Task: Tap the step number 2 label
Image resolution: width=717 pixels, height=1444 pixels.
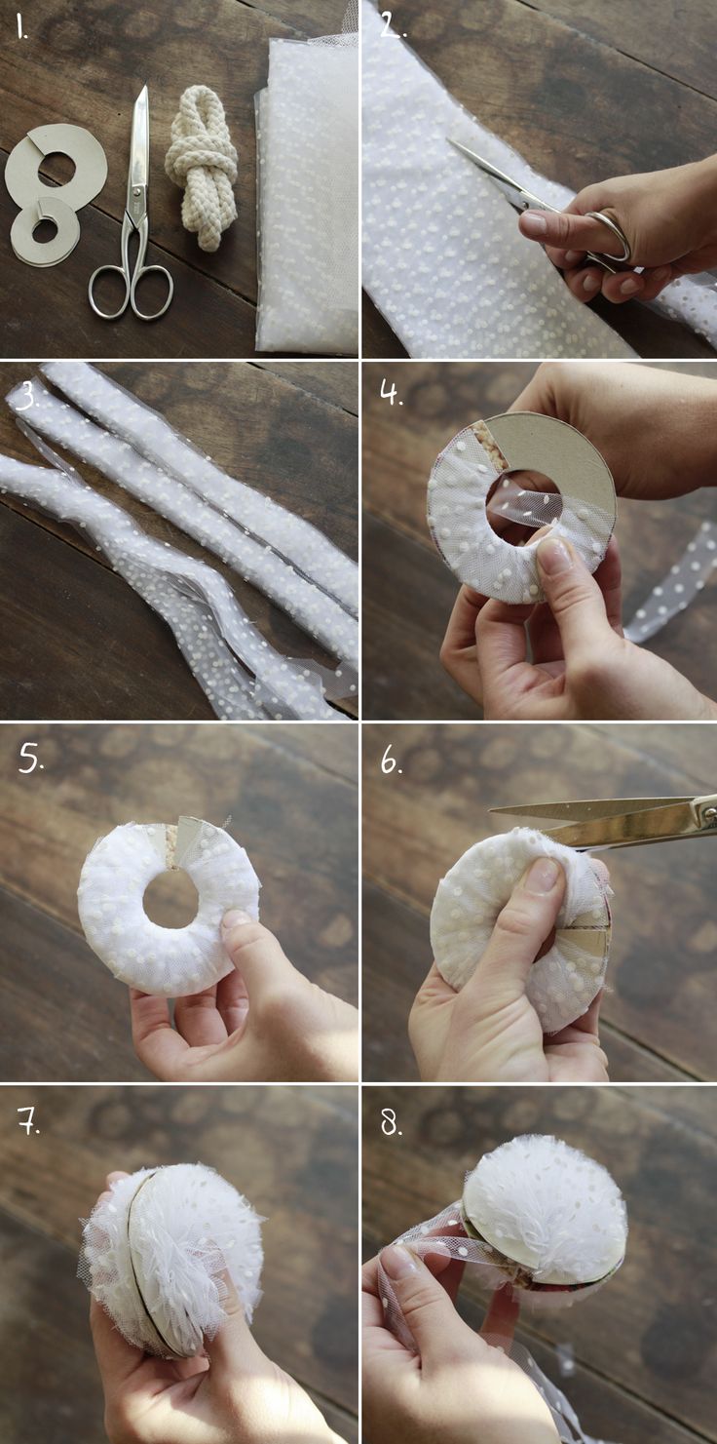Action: click(393, 26)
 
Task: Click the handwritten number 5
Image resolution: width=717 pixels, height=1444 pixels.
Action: click(30, 760)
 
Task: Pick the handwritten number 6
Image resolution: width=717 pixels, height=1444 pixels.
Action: click(391, 761)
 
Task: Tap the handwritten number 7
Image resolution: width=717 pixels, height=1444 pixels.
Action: click(29, 1121)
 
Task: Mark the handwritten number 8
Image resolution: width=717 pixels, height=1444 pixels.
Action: click(391, 1122)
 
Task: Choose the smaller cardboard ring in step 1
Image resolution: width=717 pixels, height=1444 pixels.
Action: click(45, 230)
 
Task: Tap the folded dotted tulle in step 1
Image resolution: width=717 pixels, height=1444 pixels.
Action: click(307, 193)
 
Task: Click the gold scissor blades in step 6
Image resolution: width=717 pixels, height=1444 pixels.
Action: click(602, 820)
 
